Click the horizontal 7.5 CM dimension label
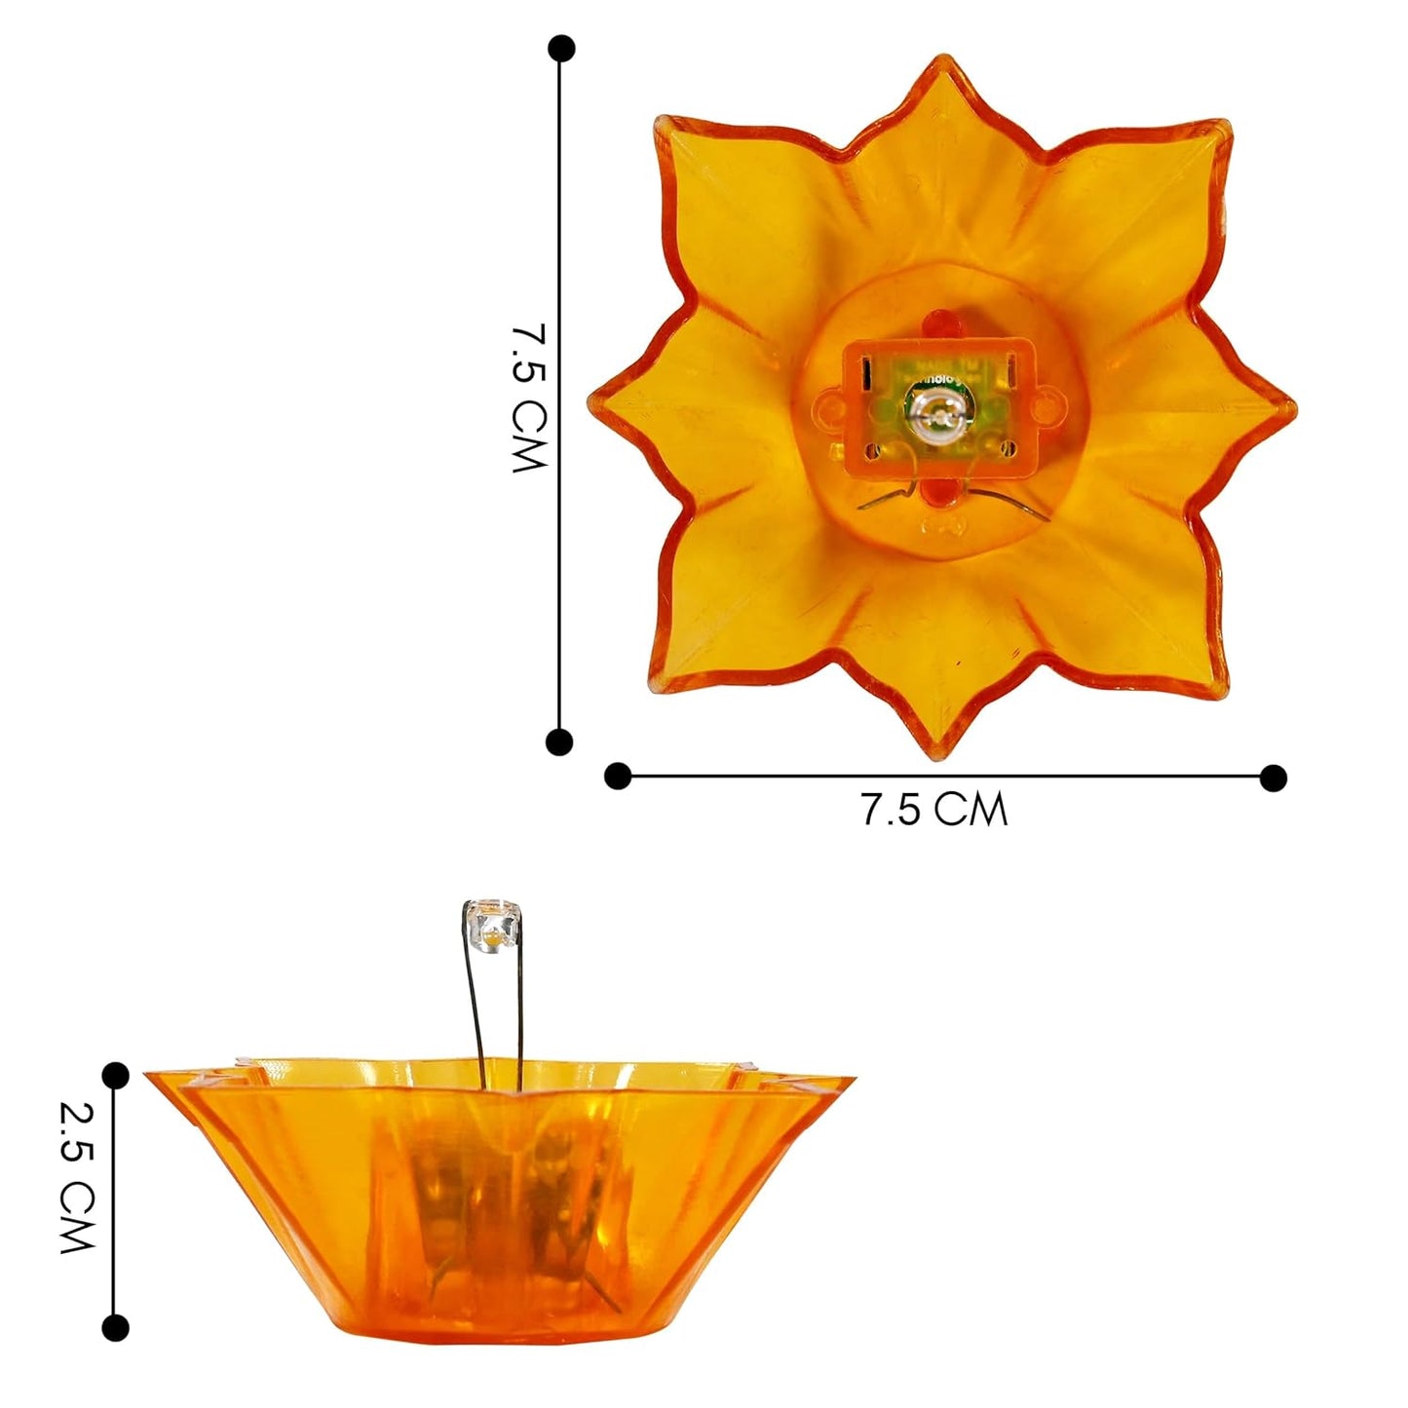click(933, 810)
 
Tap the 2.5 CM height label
click(77, 1177)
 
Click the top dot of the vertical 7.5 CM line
click(561, 49)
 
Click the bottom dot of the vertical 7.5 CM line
click(559, 742)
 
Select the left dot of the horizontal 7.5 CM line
click(618, 776)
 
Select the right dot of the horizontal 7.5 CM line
click(1273, 778)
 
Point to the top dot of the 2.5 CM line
click(115, 1076)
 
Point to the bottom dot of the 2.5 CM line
click(115, 1327)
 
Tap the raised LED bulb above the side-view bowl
click(494, 924)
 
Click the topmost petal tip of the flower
click(941, 60)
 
